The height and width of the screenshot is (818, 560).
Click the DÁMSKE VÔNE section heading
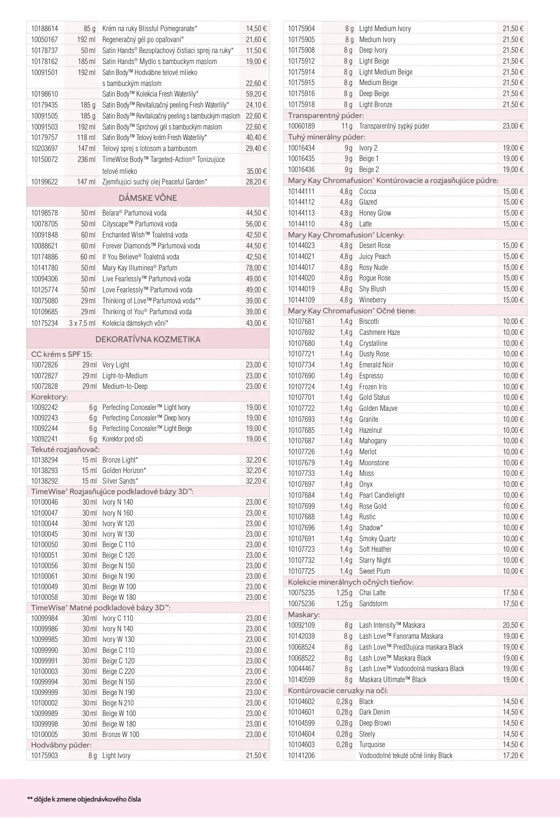(148, 198)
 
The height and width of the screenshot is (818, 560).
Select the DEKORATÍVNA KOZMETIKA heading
(148, 339)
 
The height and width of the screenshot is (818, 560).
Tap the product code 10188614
(44, 28)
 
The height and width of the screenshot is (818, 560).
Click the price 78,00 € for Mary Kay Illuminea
(256, 268)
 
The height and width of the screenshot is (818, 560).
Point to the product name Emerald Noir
(376, 365)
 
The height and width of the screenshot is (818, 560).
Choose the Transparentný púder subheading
(326, 115)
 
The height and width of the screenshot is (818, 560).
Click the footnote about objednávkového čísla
(84, 799)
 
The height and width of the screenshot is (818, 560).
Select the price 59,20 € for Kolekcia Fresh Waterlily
(256, 94)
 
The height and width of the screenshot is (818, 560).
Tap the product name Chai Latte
(372, 592)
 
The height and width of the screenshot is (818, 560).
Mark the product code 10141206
(301, 755)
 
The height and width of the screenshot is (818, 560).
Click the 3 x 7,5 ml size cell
(82, 323)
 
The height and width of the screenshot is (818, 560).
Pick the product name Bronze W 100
(121, 734)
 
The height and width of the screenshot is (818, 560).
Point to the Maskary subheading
(304, 614)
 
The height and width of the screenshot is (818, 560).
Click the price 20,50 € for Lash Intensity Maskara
(513, 625)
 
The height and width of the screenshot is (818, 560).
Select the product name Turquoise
(372, 744)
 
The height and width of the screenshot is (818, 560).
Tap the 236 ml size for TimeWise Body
(86, 159)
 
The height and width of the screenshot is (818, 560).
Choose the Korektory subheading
(49, 397)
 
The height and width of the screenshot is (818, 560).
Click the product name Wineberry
(372, 300)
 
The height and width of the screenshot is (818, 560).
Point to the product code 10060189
(301, 126)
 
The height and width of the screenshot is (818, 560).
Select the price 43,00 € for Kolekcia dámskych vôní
(256, 323)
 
